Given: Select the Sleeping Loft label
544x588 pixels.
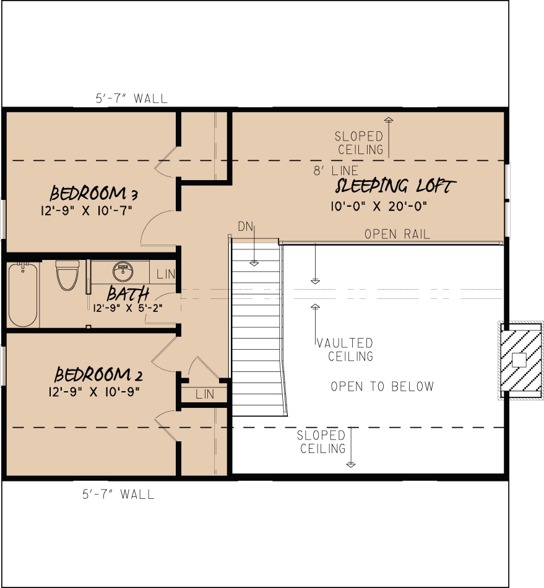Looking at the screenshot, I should (395, 186).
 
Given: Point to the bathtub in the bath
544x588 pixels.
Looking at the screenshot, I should (23, 294).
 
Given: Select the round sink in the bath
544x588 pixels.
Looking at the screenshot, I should (122, 270).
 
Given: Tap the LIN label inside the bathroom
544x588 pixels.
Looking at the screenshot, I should (165, 274).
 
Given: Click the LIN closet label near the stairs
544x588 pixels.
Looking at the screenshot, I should (204, 394).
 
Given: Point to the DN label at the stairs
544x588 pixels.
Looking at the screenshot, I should (246, 227).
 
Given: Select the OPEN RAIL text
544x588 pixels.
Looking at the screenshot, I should (397, 235).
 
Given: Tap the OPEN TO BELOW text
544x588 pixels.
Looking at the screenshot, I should (382, 387).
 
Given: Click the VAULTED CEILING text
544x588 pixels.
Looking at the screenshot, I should (345, 350).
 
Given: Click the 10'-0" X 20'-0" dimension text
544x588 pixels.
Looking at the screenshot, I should (379, 205).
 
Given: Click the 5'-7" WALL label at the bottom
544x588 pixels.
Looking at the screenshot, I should (118, 494).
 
